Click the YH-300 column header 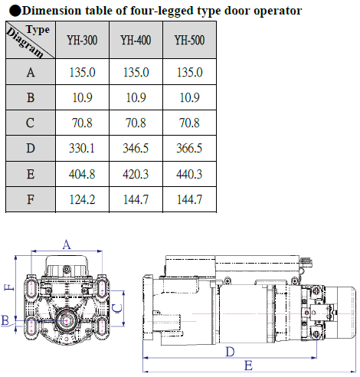click(x=82, y=40)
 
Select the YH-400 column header click(x=136, y=40)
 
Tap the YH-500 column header click(x=189, y=40)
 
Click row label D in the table click(x=31, y=148)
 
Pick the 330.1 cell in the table click(x=82, y=148)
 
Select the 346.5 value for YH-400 click(x=136, y=148)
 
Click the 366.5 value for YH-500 click(x=189, y=148)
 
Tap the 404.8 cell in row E click(x=82, y=174)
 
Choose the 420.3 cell click(x=136, y=174)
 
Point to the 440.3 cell click(x=189, y=174)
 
